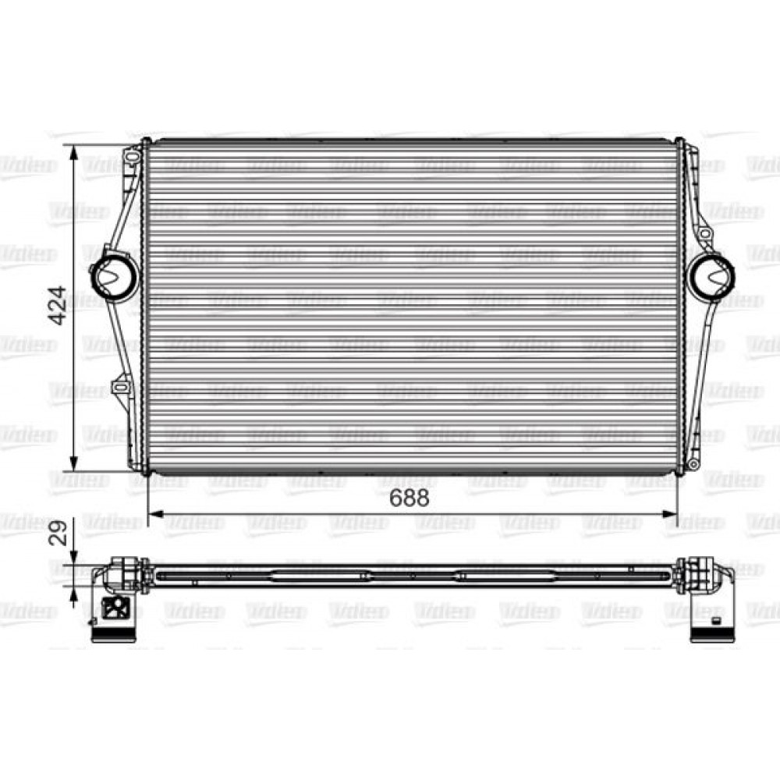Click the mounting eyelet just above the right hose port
coord(704,232)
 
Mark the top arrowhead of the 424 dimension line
coord(74,153)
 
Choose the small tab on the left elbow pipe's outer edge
coord(92,621)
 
